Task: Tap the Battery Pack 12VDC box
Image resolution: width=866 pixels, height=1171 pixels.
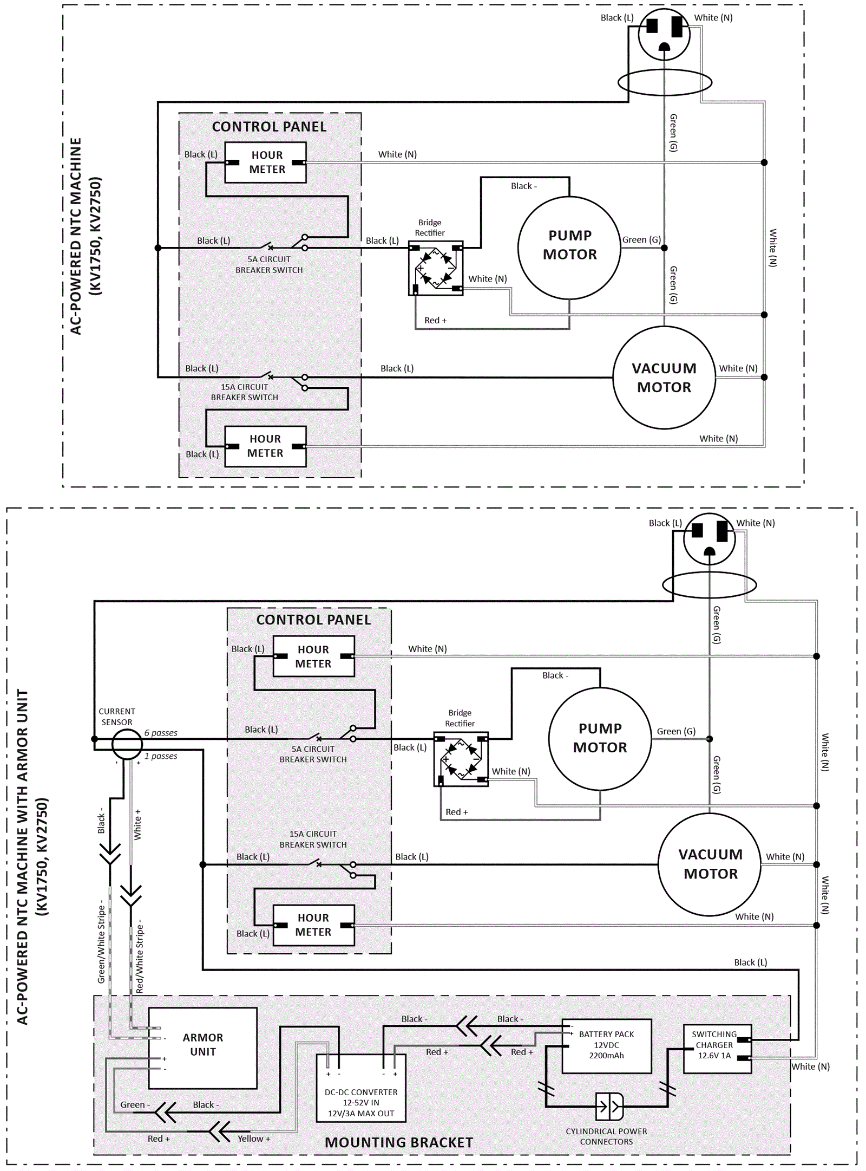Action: (x=606, y=1046)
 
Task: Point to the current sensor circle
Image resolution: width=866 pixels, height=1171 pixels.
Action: (x=127, y=744)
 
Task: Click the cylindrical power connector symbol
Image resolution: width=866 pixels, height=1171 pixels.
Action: (x=609, y=1105)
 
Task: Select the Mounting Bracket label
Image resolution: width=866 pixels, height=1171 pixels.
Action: (x=399, y=1142)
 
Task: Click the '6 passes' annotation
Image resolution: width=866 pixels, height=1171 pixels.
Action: (x=161, y=733)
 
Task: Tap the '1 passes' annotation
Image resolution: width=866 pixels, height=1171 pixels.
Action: (x=161, y=756)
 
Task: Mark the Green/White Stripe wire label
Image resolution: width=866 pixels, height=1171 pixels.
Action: (x=101, y=943)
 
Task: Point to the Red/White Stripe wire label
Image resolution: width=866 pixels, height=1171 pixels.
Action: (x=140, y=956)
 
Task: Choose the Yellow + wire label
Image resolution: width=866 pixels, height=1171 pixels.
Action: (x=254, y=1139)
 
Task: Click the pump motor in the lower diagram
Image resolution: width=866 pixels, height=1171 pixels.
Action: (x=600, y=738)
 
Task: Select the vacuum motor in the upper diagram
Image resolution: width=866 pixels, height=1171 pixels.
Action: (x=664, y=378)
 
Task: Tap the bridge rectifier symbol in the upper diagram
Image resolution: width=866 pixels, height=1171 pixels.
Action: (x=436, y=268)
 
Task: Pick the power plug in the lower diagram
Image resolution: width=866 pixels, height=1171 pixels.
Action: (x=709, y=539)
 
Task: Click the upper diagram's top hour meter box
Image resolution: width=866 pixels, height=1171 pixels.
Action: (x=265, y=162)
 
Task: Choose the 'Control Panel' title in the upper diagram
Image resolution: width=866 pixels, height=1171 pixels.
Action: (x=269, y=127)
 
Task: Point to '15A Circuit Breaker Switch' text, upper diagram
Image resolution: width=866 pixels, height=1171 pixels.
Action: (x=244, y=392)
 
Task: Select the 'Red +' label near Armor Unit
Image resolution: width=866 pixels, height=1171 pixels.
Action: (x=159, y=1139)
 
